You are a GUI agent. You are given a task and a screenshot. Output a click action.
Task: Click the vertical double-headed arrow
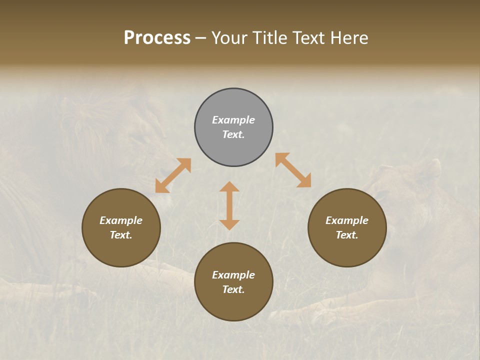(x=229, y=205)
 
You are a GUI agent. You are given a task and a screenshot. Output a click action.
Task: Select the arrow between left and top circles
(x=173, y=175)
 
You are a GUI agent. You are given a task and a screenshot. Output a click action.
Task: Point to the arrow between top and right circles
(x=293, y=170)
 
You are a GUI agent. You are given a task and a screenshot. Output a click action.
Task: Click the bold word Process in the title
(x=157, y=38)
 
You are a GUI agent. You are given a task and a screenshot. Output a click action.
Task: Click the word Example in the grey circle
(x=233, y=120)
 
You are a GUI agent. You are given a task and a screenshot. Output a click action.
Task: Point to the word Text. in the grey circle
(x=233, y=134)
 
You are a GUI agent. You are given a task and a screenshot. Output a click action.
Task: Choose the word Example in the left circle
(x=121, y=220)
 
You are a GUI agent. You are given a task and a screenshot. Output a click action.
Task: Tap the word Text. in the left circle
(x=121, y=235)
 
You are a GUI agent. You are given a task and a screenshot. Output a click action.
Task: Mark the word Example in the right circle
(x=347, y=220)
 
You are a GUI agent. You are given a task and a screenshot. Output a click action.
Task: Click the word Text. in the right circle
(x=347, y=235)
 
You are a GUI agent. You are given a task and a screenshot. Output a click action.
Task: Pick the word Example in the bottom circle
(x=233, y=275)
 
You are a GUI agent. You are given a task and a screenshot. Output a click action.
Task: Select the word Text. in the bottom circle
(x=233, y=289)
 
